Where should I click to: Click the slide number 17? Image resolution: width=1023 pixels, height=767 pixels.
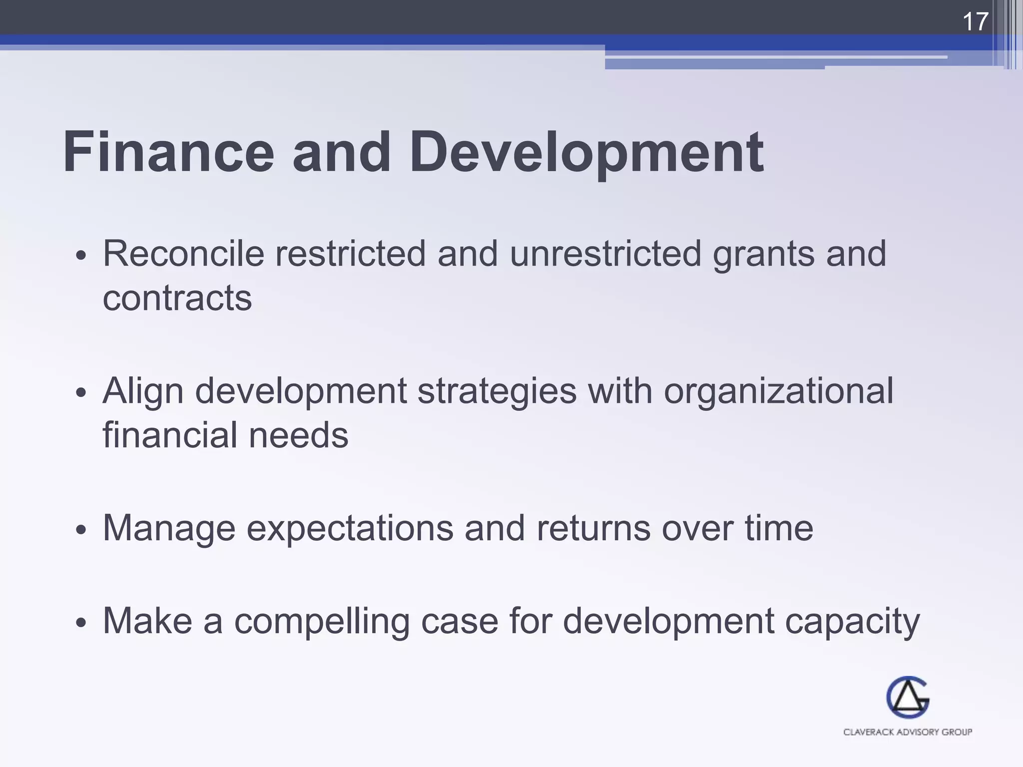click(x=975, y=22)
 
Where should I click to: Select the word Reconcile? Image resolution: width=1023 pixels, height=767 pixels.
click(x=183, y=254)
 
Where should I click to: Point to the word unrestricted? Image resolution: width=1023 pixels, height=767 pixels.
click(x=605, y=254)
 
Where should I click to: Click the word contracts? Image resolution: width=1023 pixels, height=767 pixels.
click(x=177, y=298)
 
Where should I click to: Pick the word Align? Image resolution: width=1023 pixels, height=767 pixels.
click(x=143, y=391)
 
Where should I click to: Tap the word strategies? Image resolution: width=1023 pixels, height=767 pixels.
click(x=497, y=391)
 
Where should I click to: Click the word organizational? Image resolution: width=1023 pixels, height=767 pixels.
click(x=778, y=391)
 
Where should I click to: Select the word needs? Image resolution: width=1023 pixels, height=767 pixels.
click(x=298, y=435)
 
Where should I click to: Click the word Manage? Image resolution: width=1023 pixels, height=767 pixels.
click(x=169, y=528)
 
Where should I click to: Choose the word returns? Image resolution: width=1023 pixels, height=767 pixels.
click(x=593, y=528)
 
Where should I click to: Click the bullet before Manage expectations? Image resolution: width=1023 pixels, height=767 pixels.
click(x=81, y=530)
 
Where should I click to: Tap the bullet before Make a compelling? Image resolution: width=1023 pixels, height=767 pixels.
click(x=81, y=623)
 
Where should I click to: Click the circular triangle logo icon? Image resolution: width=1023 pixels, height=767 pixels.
click(x=908, y=698)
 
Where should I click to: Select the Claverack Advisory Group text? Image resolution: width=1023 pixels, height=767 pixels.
click(x=908, y=732)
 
